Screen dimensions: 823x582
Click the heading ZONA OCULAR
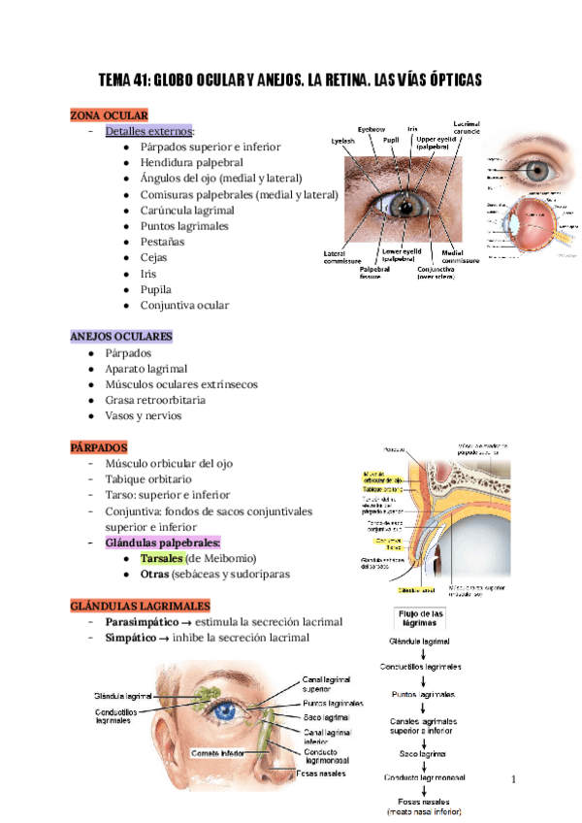108,115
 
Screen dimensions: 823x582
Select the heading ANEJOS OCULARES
121,336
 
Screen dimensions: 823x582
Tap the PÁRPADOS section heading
99,448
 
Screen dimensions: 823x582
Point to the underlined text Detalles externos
149,131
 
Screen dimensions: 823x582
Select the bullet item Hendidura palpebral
191,163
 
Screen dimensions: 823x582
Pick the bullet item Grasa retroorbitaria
156,400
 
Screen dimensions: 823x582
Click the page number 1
515,779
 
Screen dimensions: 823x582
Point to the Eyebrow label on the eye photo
372,130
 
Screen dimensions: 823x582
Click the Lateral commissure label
342,257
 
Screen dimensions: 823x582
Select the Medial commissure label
460,257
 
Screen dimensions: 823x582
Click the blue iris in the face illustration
226,711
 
